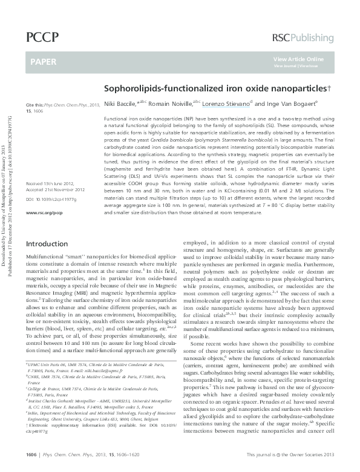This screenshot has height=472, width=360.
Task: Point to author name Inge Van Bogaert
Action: [284, 103]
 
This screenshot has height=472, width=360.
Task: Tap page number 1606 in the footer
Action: [31, 453]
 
